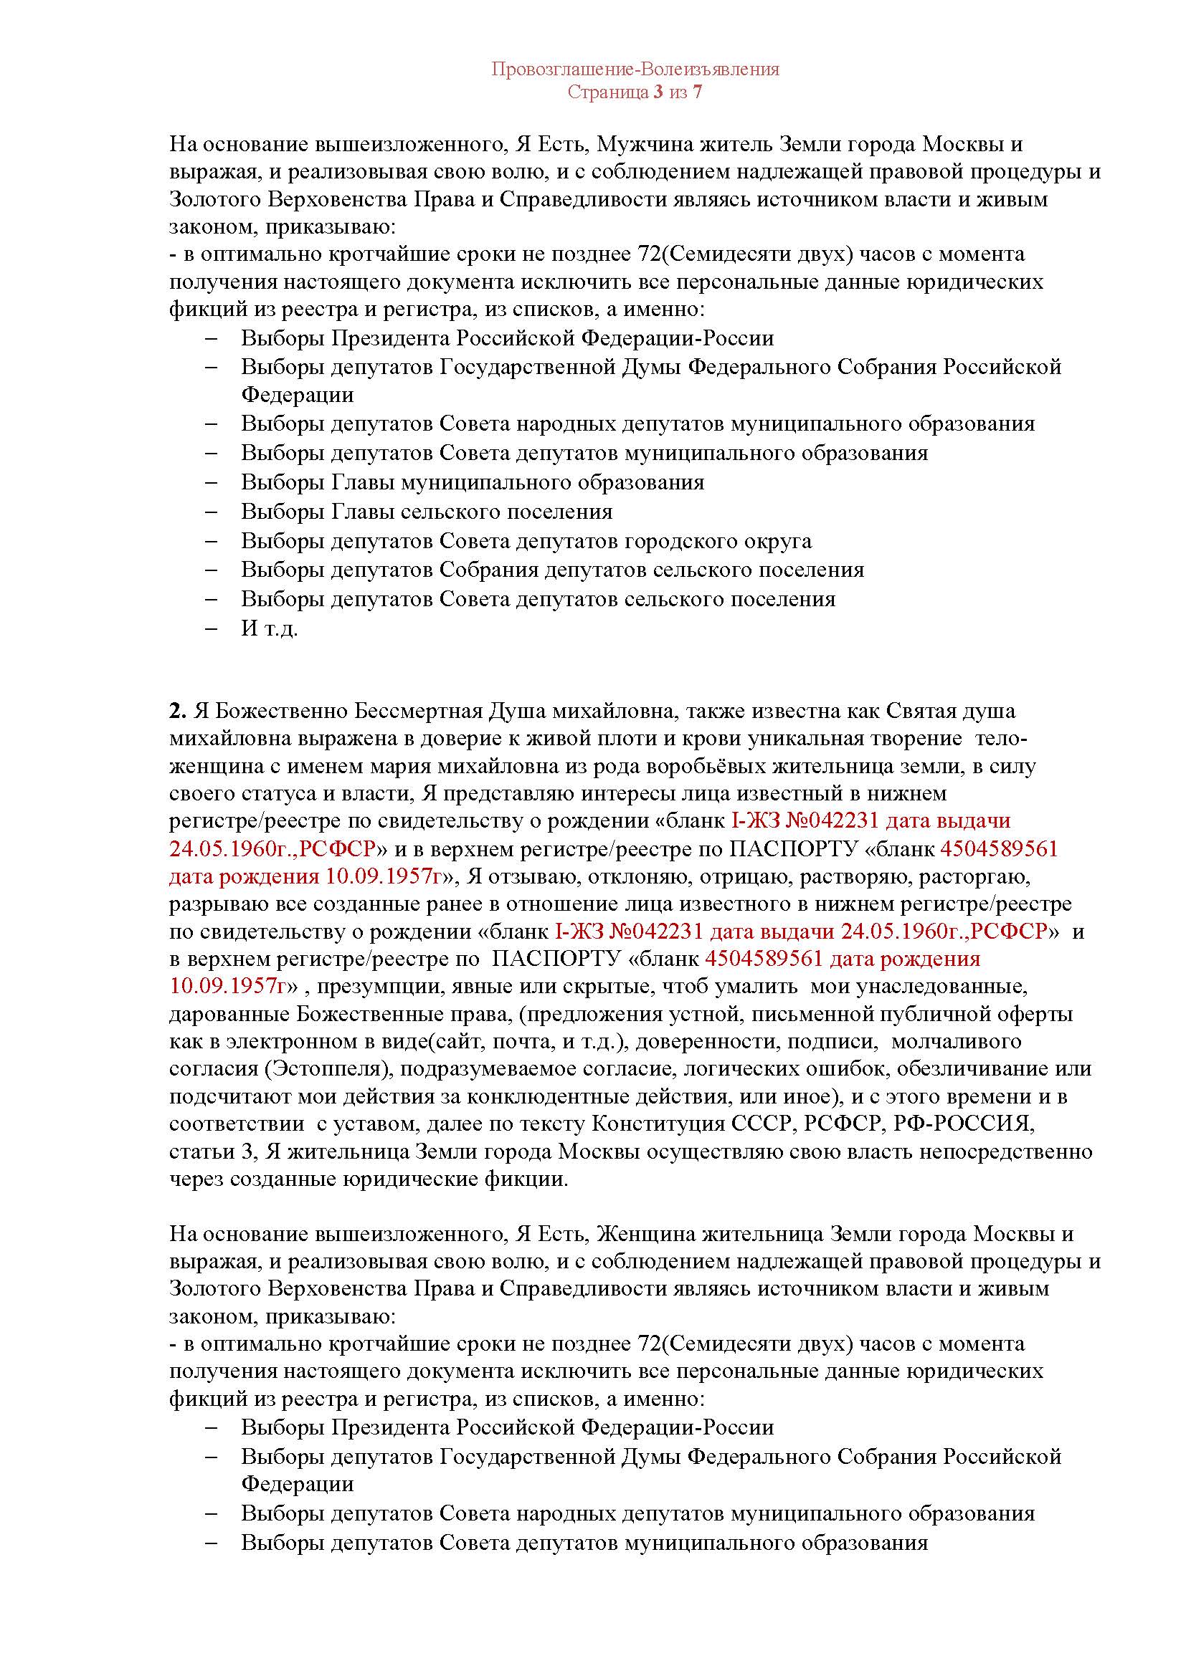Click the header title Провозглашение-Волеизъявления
635,70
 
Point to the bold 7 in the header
698,92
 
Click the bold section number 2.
174,710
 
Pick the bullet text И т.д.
270,628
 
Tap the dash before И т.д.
212,628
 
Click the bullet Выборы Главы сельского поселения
427,512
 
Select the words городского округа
717,541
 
